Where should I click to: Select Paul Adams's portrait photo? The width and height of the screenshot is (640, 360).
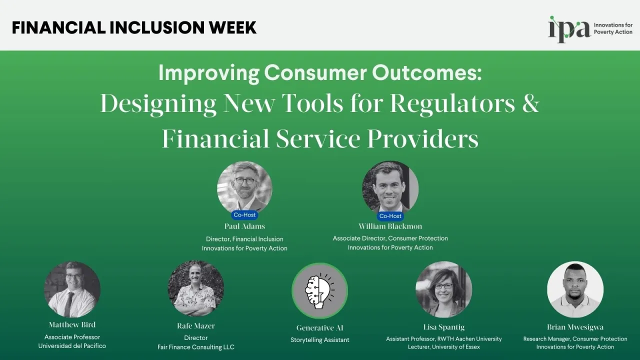tap(244, 186)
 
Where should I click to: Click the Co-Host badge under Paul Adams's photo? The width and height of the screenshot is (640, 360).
tap(244, 215)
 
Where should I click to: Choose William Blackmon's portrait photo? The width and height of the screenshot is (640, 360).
tap(390, 186)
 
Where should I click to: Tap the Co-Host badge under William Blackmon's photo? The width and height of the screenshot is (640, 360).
tap(390, 216)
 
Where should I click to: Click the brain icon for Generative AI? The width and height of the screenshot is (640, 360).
tap(319, 290)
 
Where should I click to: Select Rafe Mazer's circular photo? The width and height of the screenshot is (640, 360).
tap(196, 288)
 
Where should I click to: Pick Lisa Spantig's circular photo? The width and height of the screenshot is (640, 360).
tap(443, 289)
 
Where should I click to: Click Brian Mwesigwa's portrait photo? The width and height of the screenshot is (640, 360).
tap(575, 289)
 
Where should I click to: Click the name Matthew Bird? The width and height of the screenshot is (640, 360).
tap(72, 325)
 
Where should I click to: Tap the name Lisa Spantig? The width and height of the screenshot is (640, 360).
tap(443, 327)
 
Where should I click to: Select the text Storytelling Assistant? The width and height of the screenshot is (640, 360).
tap(320, 340)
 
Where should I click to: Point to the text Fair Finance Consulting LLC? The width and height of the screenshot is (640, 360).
tap(196, 347)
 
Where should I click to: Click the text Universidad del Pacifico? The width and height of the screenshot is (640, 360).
tap(72, 346)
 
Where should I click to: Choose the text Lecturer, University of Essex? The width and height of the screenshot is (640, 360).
tap(443, 347)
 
